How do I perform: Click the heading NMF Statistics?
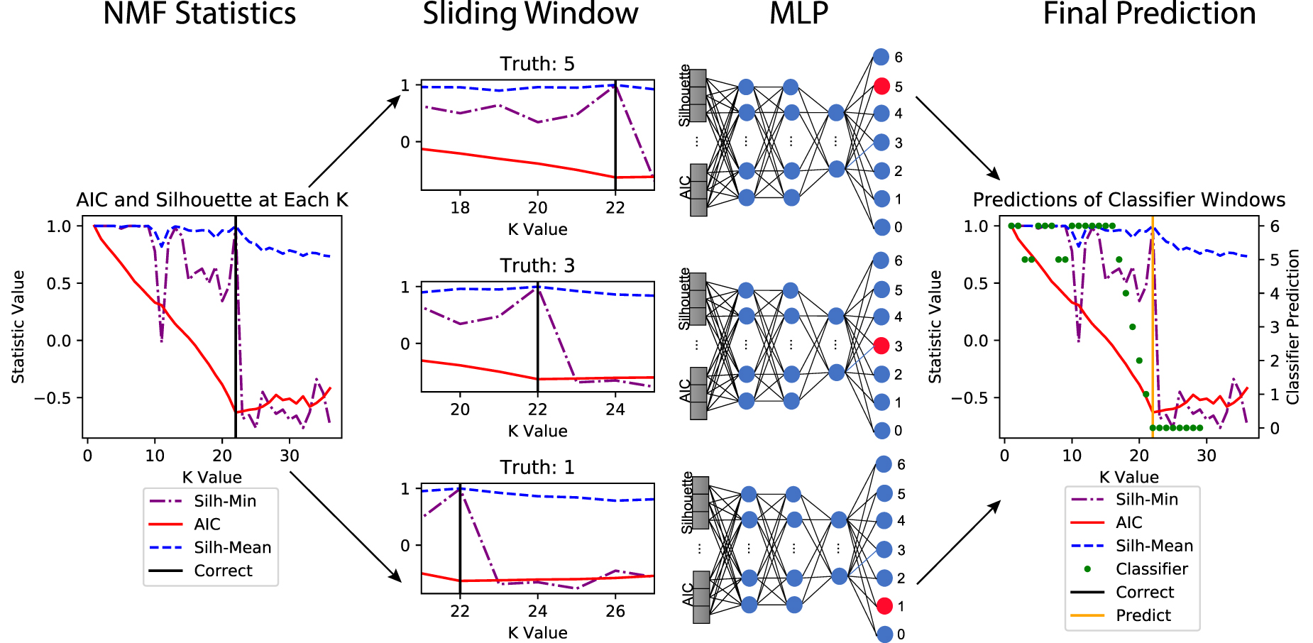click(199, 14)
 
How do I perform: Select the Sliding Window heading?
click(530, 14)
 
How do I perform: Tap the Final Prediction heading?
click(1149, 14)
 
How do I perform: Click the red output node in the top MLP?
click(881, 86)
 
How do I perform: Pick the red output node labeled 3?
click(881, 346)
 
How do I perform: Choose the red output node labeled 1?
click(884, 606)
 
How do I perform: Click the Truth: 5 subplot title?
click(537, 64)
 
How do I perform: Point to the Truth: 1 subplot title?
click(537, 467)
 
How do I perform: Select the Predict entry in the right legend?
click(1143, 615)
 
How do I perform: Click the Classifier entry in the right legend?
click(1151, 569)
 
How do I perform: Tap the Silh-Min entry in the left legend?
click(224, 501)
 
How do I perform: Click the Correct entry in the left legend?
click(223, 571)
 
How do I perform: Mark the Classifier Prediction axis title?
click(1293, 326)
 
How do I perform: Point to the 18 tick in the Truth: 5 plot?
click(460, 208)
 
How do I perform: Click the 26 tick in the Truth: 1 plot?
click(615, 611)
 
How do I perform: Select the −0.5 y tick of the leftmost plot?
click(53, 397)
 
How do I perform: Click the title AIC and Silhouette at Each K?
click(212, 200)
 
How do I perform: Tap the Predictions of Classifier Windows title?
click(1128, 200)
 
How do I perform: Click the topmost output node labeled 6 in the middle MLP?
click(881, 260)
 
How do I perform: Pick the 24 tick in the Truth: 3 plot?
click(615, 410)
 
